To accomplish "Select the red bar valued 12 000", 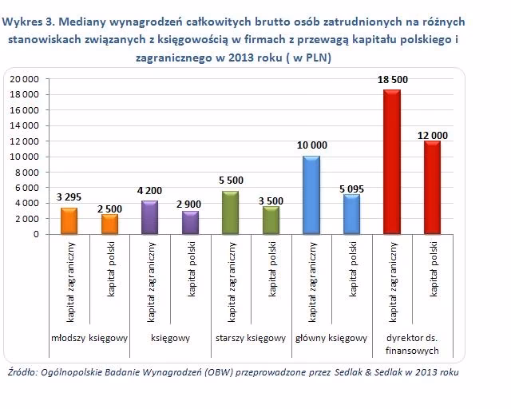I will point(432,188).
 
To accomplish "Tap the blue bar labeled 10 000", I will point(311,195).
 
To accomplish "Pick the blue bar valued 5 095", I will point(351,214).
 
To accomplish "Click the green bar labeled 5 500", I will point(230,212).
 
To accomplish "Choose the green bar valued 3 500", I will point(271,220).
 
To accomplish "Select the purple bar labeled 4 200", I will point(149,217).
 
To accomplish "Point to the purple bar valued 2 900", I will point(190,223).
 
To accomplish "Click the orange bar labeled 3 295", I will point(69,221).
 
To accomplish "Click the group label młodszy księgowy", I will point(89,338).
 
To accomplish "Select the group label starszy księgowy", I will point(250,338).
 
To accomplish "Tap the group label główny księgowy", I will point(331,338).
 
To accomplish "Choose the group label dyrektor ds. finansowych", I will point(412,343).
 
